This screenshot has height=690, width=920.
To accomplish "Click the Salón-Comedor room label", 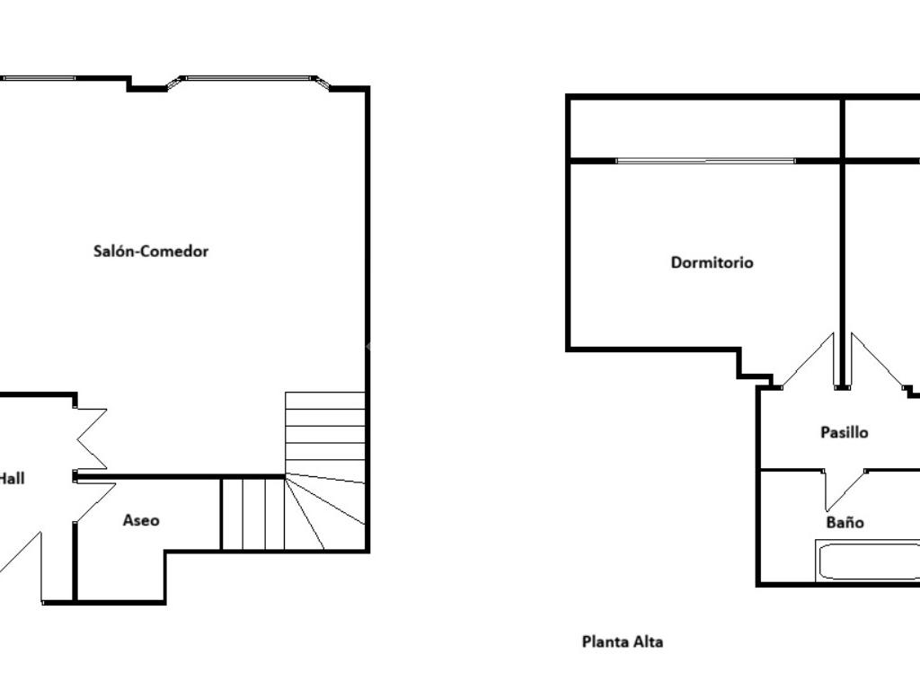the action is (x=151, y=252).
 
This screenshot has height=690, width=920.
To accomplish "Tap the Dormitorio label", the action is (x=712, y=262).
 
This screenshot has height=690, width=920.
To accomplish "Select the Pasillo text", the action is (x=844, y=432).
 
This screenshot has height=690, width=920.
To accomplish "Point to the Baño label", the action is (x=845, y=522).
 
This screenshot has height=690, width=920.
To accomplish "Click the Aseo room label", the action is (x=141, y=520).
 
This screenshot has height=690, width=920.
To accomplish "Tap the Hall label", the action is (x=12, y=479).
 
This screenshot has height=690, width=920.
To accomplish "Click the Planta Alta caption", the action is (x=623, y=641).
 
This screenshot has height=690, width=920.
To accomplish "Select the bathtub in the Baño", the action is (x=867, y=562).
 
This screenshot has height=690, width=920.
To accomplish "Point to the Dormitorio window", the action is (x=706, y=160).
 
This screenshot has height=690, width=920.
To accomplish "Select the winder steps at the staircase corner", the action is (x=325, y=513).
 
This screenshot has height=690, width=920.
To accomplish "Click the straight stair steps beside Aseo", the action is (x=253, y=514).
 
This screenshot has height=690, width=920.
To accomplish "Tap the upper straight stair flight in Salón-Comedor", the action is (x=325, y=433).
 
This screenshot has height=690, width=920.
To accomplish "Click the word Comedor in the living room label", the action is (x=175, y=252).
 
